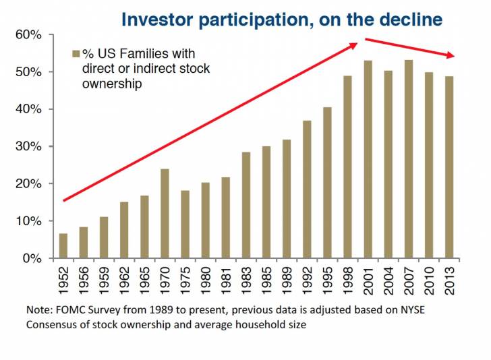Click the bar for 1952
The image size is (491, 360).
tap(63, 246)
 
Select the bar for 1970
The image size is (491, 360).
tap(165, 214)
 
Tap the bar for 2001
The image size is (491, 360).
tap(368, 160)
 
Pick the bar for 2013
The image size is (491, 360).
tap(449, 167)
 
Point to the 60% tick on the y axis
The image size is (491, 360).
tap(48, 34)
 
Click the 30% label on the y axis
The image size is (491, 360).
tap(30, 146)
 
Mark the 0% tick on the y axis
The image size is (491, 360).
tap(48, 258)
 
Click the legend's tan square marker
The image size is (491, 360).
tap(76, 53)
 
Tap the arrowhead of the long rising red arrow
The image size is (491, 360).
tap(355, 46)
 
